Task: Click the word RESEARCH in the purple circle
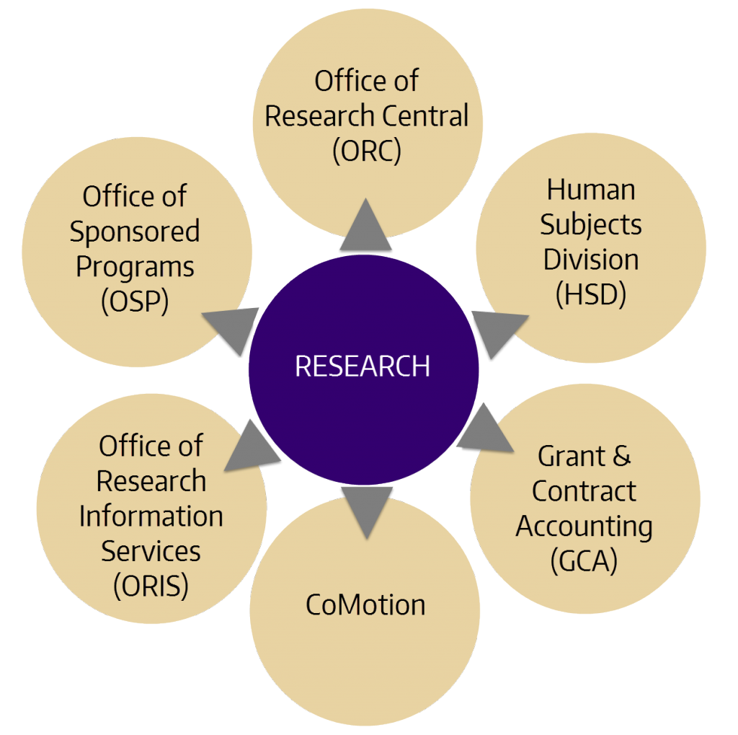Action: pos(363,366)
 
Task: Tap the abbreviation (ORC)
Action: pos(367,151)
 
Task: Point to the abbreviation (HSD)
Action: pos(590,294)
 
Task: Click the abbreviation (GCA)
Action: pos(584,561)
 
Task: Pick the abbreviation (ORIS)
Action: pos(151,586)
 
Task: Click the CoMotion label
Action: pos(365,604)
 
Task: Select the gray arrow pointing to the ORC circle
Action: pos(366,226)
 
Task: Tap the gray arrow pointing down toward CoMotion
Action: pos(365,509)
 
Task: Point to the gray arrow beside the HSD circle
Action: pos(495,333)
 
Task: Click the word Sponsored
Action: pos(135,232)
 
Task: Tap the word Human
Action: pos(591,190)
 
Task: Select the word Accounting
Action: pos(584,526)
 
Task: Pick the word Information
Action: pos(151,516)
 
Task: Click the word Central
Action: pos(427,116)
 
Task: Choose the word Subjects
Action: pos(591,224)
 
